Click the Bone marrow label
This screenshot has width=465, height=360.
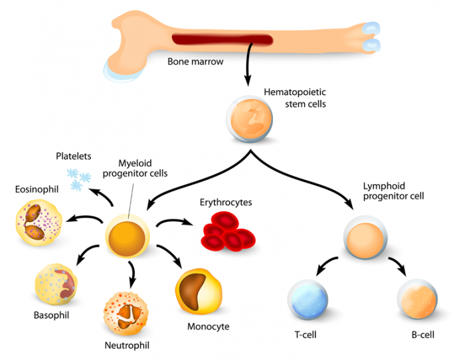tap(195, 62)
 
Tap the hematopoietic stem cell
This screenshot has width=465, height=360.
tap(250, 119)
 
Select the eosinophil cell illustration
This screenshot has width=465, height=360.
tap(39, 223)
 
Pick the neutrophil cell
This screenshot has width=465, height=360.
tap(126, 314)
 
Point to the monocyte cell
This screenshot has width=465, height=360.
tap(198, 291)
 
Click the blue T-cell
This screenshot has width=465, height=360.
tap(308, 300)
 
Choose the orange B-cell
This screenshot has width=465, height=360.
tap(417, 299)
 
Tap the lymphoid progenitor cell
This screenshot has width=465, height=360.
tap(365, 237)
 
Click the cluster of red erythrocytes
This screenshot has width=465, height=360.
tap(229, 231)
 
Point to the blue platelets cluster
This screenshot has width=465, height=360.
tap(78, 179)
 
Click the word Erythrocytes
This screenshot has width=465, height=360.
tap(226, 203)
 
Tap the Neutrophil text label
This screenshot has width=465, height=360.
tap(127, 345)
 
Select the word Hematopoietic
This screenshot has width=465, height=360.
tap(295, 92)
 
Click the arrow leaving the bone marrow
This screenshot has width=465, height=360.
tap(248, 64)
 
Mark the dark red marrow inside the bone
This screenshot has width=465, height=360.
tap(223, 40)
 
